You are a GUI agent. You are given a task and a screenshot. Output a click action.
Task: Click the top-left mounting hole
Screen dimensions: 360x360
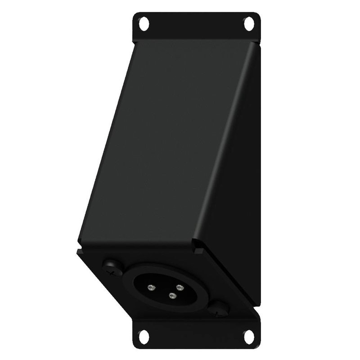pos(144,22)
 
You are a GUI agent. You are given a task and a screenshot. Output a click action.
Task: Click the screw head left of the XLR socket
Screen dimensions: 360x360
pos(111,265)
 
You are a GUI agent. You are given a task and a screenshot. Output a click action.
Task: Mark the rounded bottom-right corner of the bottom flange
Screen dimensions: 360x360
pos(259,344)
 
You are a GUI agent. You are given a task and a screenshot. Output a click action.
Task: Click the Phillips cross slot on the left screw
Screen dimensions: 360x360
pos(111,265)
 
